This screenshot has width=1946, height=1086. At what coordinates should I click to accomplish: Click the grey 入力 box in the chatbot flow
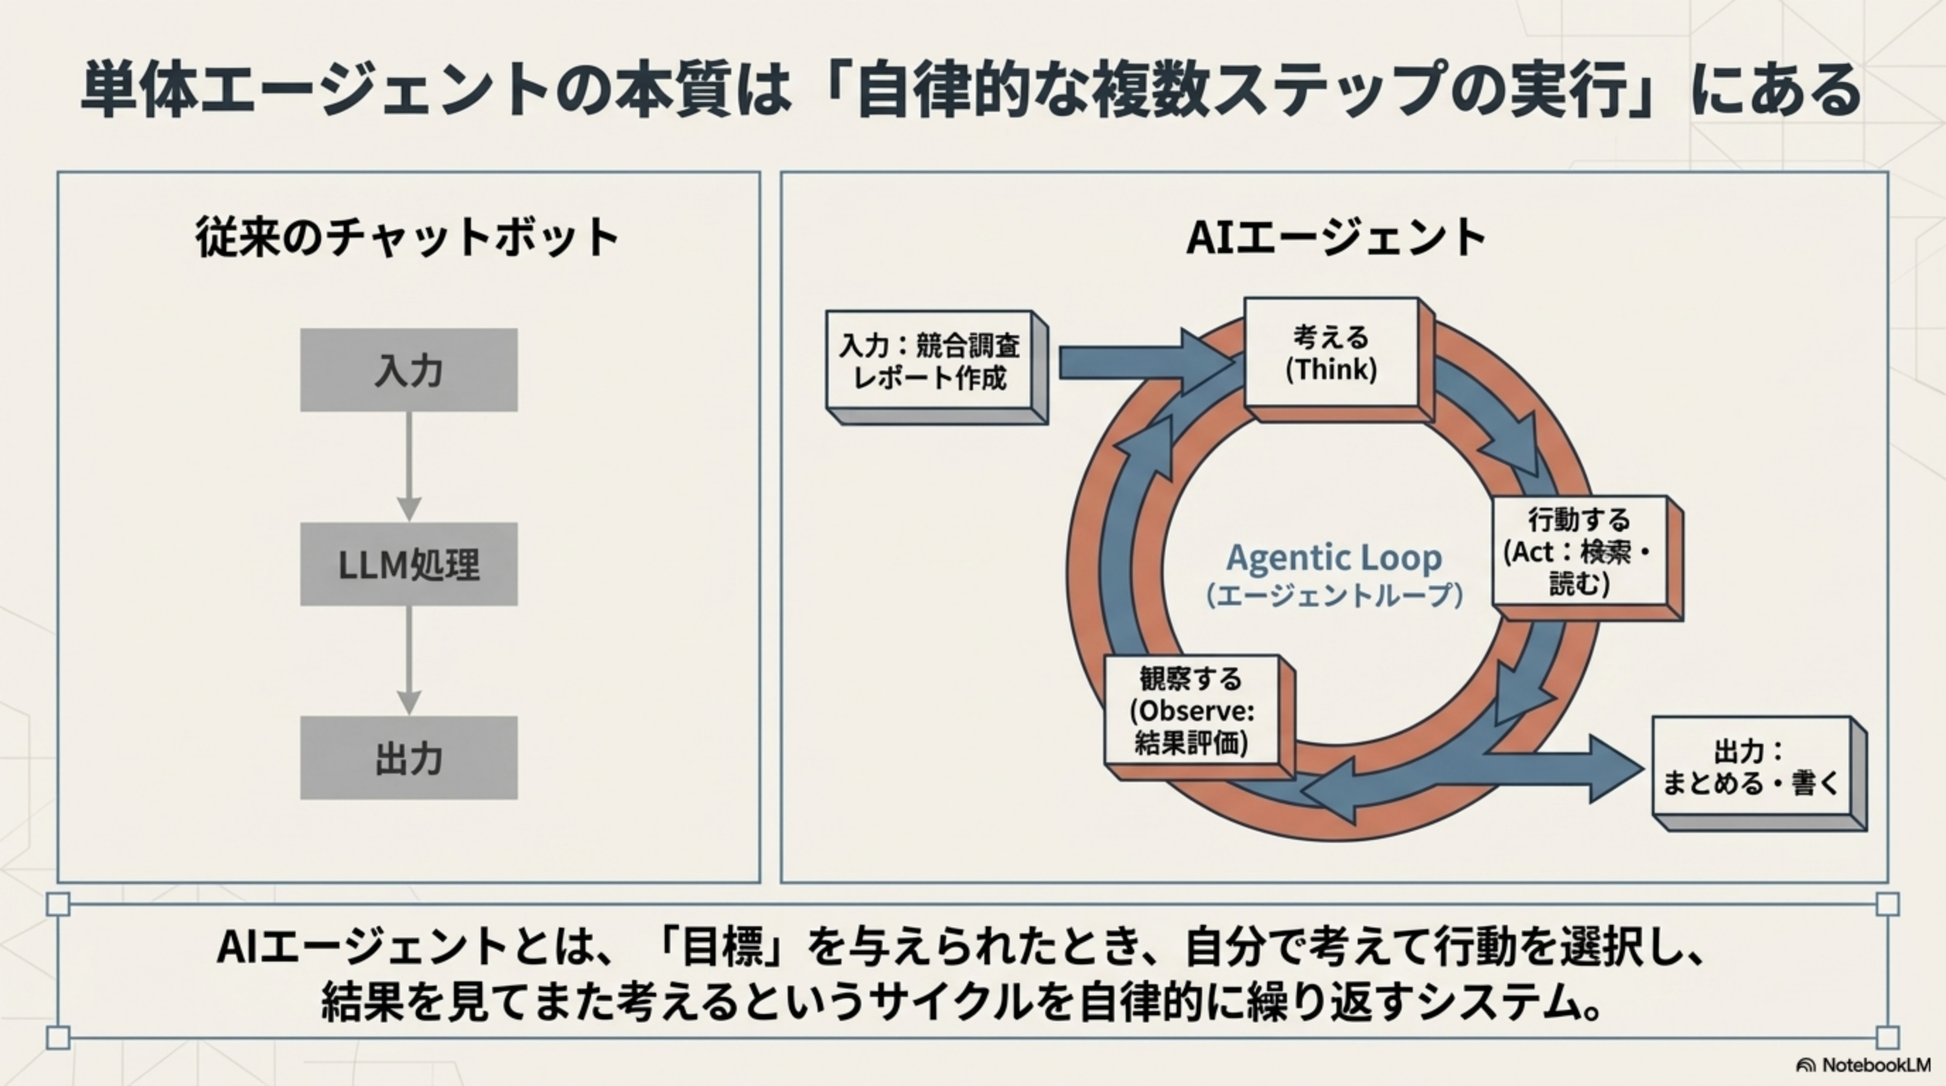point(409,370)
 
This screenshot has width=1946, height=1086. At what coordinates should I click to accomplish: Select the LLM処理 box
point(409,564)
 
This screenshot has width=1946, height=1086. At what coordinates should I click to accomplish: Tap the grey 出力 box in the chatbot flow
point(409,757)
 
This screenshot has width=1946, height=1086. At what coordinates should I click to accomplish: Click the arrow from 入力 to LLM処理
point(409,466)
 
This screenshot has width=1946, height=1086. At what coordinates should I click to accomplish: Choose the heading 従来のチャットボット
point(408,237)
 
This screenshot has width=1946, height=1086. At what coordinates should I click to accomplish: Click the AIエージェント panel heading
point(1336,237)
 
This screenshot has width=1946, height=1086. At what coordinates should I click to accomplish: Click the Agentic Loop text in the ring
point(1334,558)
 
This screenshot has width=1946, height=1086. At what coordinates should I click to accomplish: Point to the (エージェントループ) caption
point(1334,596)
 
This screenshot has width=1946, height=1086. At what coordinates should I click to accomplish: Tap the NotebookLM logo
point(1861,1065)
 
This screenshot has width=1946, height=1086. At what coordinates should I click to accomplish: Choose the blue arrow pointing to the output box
point(1571,769)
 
